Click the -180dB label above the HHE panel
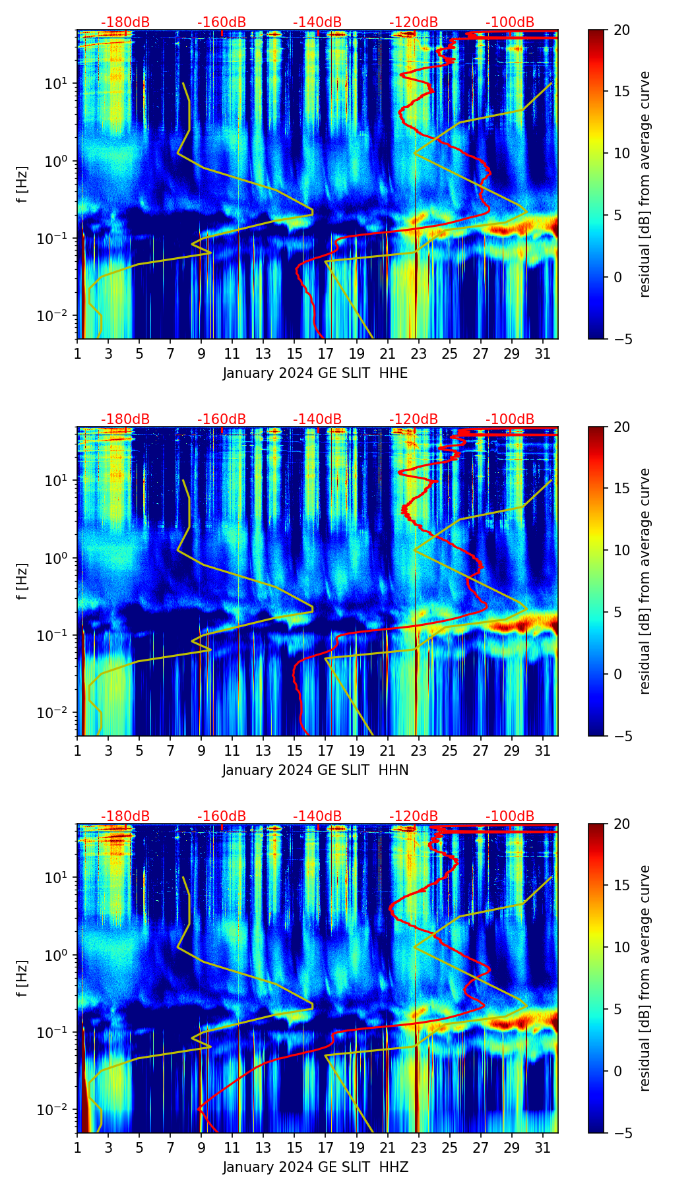click(125, 22)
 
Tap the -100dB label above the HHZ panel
click(510, 816)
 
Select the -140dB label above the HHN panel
click(317, 419)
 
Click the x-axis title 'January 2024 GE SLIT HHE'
click(315, 373)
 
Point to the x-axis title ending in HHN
click(315, 770)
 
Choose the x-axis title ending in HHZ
click(315, 1167)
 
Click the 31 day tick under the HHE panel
click(542, 353)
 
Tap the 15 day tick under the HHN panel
click(294, 750)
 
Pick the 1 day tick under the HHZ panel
click(77, 1147)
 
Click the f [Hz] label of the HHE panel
click(22, 185)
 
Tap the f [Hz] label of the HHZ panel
click(22, 979)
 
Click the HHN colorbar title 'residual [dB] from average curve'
click(645, 581)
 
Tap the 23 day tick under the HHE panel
click(418, 353)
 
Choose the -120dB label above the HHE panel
click(414, 22)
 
